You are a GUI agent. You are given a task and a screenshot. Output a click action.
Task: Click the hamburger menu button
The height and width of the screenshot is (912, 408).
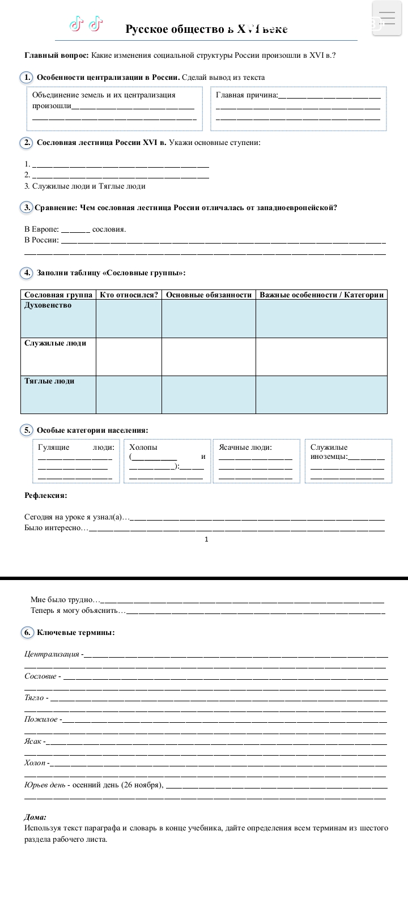387,18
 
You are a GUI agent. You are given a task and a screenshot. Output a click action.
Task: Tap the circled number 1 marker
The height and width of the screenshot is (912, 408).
26,77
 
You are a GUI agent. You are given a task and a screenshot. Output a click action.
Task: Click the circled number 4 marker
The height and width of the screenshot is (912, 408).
26,273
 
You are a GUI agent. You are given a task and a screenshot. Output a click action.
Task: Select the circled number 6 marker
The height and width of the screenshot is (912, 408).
27,632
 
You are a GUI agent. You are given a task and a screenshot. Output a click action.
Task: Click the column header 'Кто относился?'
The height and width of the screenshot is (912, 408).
129,295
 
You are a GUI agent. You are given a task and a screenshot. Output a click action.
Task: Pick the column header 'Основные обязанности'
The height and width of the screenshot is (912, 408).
209,295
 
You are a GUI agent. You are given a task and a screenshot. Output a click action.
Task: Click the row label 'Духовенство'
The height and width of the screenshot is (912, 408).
48,305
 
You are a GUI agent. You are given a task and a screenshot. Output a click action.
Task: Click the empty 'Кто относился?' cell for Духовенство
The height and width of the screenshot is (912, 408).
129,319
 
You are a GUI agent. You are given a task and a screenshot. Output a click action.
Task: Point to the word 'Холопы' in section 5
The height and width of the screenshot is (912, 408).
143,448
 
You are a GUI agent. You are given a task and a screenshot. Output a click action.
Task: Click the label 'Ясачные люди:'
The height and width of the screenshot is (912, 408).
245,448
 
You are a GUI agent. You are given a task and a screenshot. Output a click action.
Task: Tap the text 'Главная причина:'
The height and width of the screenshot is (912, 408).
247,95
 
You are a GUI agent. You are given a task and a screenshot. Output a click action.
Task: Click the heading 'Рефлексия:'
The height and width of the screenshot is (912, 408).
46,496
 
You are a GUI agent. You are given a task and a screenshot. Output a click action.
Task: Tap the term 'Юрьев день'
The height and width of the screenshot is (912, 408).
45,785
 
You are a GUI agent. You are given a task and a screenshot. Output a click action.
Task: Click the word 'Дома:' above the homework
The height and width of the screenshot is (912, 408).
35,817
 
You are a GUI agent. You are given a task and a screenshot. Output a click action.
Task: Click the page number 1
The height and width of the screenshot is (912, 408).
206,539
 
